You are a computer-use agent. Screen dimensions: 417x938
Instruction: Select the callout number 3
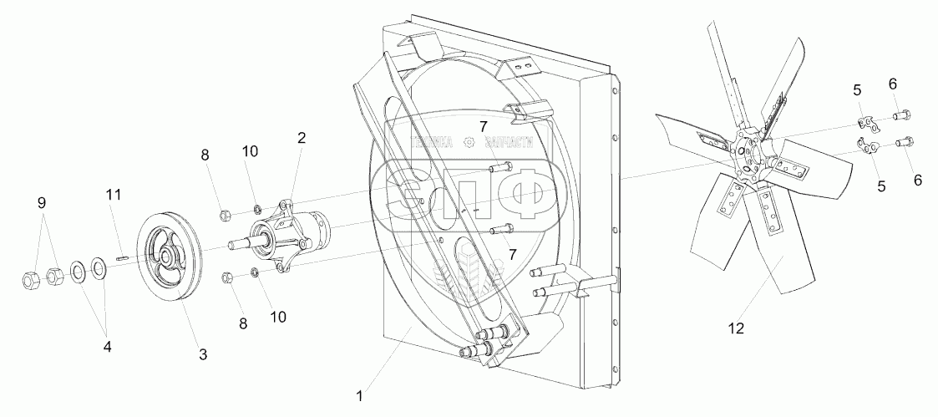(x=203, y=354)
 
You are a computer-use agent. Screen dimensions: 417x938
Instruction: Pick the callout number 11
(x=114, y=194)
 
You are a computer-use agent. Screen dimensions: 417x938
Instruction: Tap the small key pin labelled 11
(x=122, y=258)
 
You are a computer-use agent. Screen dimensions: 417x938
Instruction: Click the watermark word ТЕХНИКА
(x=434, y=144)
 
